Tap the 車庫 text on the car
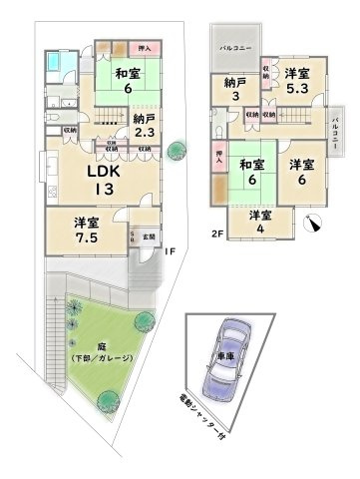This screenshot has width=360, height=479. [x=227, y=356]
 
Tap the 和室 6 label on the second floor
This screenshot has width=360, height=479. [x=250, y=173]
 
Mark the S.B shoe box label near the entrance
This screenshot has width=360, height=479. [x=135, y=238]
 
